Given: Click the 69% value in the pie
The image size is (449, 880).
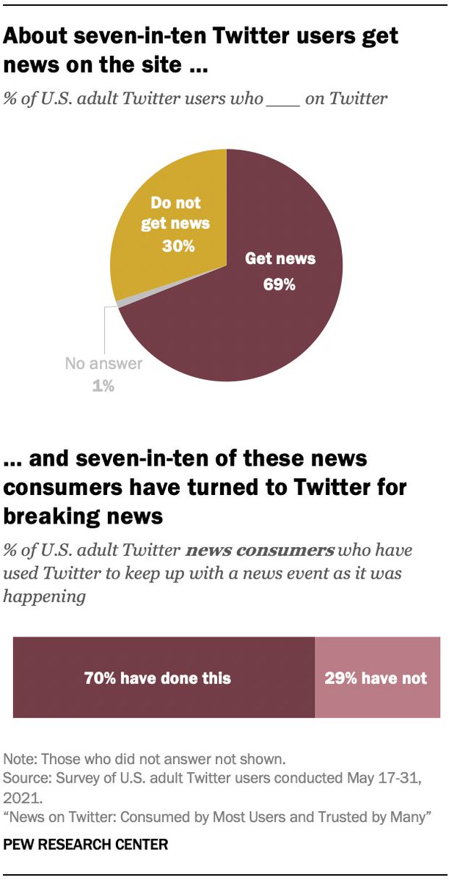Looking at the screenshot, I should click(279, 284).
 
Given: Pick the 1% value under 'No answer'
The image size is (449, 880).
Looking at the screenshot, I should click(103, 386).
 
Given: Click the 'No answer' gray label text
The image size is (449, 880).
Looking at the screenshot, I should click(103, 364).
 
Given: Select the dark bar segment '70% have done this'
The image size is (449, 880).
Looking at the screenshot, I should click(164, 678).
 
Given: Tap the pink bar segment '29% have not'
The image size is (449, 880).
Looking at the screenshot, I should click(376, 678).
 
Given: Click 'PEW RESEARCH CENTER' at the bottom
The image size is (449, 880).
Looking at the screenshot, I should click(86, 846).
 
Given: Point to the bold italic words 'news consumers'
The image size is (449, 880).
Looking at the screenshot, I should click(262, 550).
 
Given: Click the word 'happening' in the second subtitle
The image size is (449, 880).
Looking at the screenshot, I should click(44, 596).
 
